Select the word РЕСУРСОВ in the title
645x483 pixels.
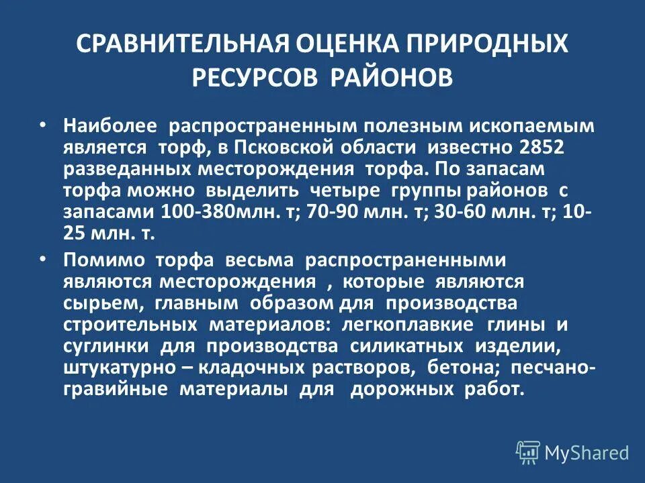[x=256, y=77]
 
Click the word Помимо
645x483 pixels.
[x=105, y=260]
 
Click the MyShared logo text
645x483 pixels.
[x=587, y=453]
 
